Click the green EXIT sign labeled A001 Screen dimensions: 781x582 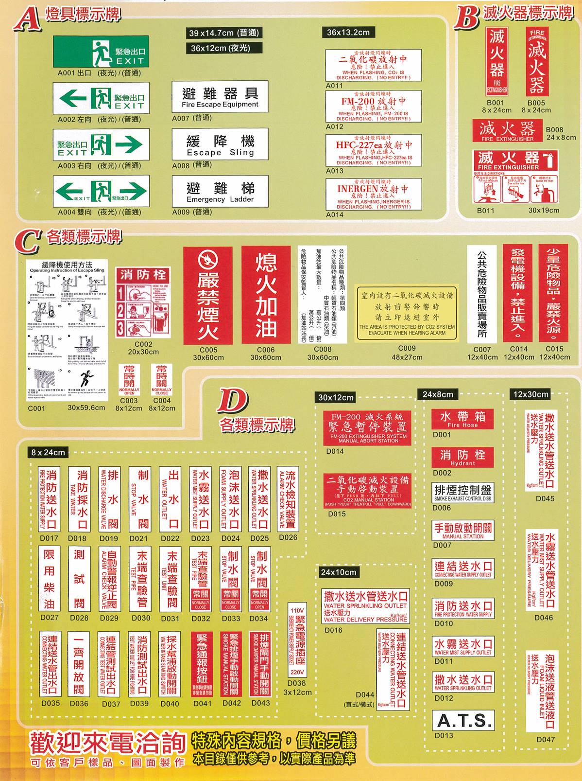[x=101, y=52]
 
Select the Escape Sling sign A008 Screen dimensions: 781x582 [x=220, y=144]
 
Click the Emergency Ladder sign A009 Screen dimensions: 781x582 [x=220, y=192]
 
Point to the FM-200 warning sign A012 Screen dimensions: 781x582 [x=373, y=106]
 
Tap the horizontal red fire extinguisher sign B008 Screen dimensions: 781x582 [x=507, y=130]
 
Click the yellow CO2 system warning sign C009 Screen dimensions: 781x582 [x=407, y=312]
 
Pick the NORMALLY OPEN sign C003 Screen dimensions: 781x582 [x=129, y=380]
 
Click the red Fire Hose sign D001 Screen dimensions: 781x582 [x=462, y=419]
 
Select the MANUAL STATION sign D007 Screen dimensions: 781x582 [x=462, y=530]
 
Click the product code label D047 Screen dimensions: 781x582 [x=545, y=740]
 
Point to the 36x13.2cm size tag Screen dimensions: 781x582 [x=348, y=33]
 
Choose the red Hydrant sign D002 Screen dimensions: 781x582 [x=462, y=457]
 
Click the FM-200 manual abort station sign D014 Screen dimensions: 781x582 [x=368, y=428]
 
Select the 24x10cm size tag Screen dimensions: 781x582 [x=338, y=572]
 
